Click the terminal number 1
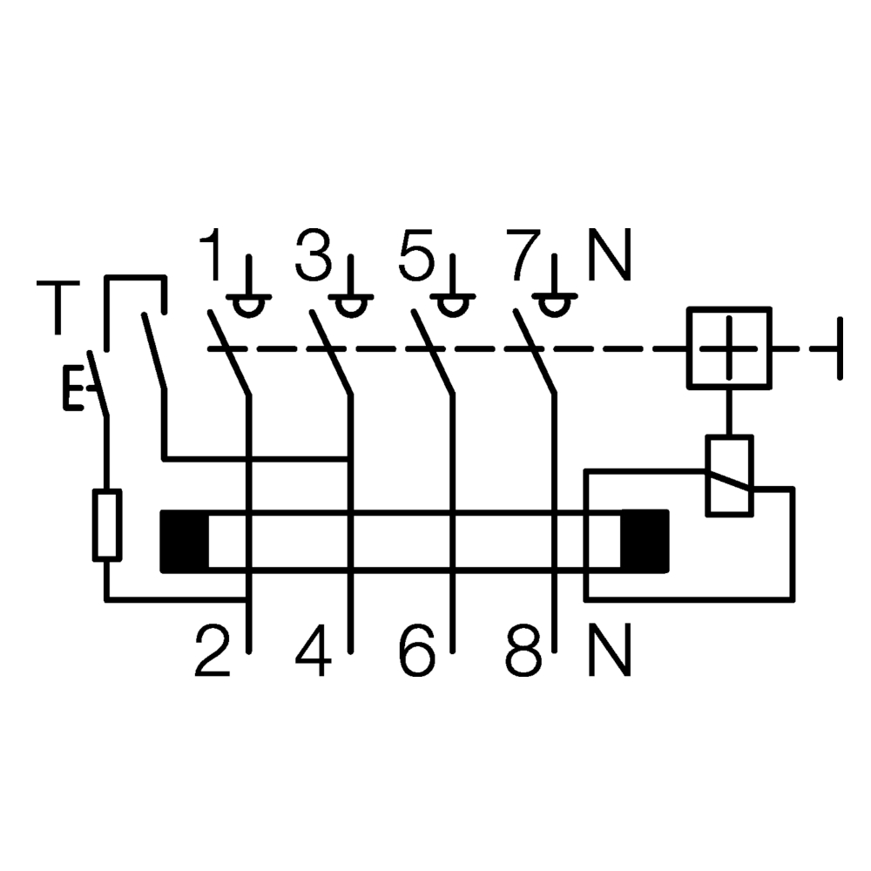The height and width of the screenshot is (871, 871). click(211, 255)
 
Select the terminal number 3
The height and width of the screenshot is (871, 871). click(314, 255)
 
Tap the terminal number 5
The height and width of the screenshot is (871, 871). click(415, 255)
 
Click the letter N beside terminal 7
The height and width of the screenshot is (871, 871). click(609, 255)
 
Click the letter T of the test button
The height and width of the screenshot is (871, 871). click(57, 307)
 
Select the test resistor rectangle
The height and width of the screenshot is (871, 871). click(106, 524)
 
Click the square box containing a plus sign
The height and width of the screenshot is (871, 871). click(730, 347)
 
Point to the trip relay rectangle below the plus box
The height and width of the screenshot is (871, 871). click(729, 476)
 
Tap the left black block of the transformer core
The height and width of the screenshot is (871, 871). click(185, 541)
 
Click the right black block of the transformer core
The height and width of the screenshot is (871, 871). click(644, 541)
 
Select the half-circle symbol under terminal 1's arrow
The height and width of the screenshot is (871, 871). click(249, 306)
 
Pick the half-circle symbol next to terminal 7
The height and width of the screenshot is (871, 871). click(551, 306)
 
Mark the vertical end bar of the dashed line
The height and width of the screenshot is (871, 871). click(840, 348)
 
